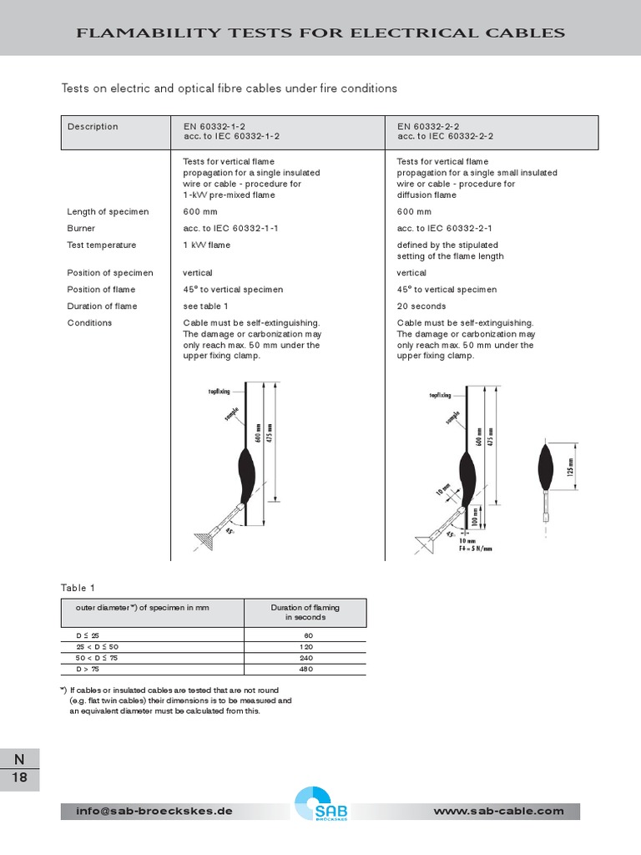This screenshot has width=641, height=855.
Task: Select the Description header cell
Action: tap(93, 127)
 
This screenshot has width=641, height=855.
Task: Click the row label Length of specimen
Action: tap(108, 212)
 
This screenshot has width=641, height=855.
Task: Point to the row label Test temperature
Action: tap(101, 245)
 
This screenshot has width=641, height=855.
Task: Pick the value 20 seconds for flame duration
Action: tap(421, 306)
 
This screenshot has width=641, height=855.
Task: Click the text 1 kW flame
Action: tap(206, 245)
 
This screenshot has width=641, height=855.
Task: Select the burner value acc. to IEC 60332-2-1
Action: tap(445, 229)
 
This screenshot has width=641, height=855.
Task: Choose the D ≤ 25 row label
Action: tap(88, 636)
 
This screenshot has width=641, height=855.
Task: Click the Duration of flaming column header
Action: tap(305, 613)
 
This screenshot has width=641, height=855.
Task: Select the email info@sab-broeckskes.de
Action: tap(154, 812)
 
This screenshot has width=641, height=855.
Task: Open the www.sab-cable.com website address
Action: tap(499, 812)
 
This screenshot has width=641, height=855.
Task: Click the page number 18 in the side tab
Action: tap(19, 778)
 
